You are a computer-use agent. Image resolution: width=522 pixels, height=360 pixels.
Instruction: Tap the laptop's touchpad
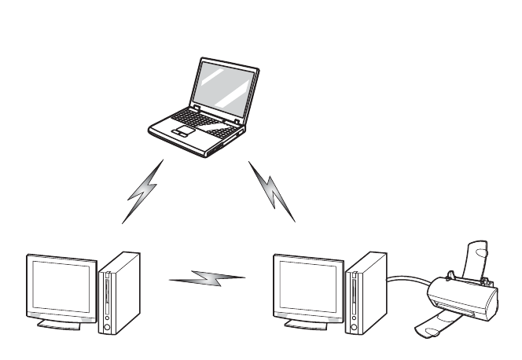click(x=182, y=131)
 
